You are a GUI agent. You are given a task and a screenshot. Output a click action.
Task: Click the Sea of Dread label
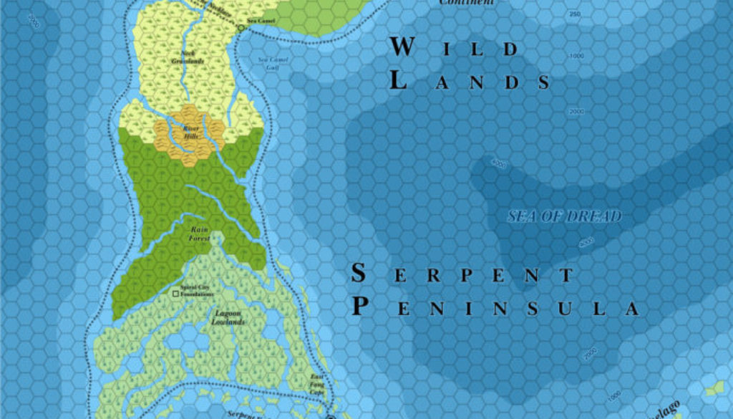click(565, 216)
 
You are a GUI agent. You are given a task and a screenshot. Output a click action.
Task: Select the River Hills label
click(190, 132)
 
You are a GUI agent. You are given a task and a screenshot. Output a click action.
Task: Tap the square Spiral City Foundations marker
click(175, 294)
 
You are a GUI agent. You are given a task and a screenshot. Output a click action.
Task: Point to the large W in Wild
click(402, 47)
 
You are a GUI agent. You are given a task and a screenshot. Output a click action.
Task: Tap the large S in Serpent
click(360, 273)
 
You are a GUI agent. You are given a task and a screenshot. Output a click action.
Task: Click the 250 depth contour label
click(574, 14)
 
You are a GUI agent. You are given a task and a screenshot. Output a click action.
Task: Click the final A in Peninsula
click(631, 309)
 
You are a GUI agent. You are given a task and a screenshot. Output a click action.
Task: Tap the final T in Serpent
click(567, 276)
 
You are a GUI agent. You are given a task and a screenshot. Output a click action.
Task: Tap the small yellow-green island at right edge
click(714, 389)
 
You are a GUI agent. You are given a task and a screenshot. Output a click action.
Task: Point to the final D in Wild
click(510, 50)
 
